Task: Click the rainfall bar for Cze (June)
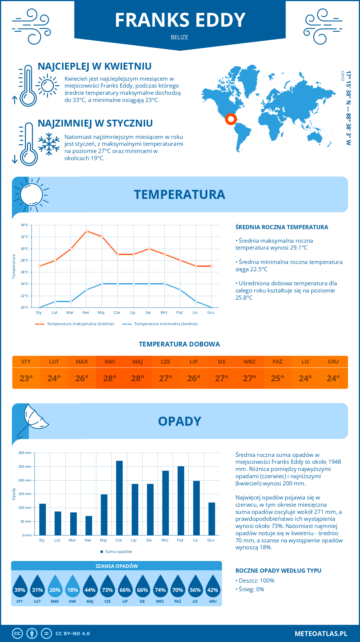pos(119,498)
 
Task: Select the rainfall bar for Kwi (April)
pos(88,526)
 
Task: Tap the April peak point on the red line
pos(86,231)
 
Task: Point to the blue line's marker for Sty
pos(40,307)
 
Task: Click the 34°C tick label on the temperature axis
pos(25,225)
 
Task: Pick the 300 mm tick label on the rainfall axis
pos(25,453)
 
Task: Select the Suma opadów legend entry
pos(118,551)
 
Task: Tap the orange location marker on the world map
pos(231,119)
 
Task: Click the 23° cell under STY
pos(26,378)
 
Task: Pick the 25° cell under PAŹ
pos(277,378)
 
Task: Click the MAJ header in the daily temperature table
pos(138,362)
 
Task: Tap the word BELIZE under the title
pos(179,37)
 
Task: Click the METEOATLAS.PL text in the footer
pos(321,634)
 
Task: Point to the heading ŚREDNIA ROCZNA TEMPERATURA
pos(282,227)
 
